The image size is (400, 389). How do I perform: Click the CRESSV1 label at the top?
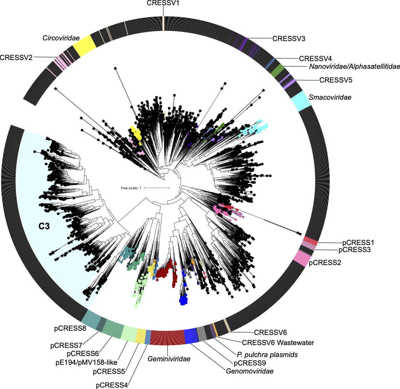pyautogui.click(x=163, y=3)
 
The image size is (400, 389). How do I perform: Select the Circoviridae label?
pyautogui.click(x=61, y=38)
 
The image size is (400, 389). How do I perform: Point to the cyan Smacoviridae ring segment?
pyautogui.click(x=301, y=101)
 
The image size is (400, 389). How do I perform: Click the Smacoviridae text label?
pyautogui.click(x=330, y=97)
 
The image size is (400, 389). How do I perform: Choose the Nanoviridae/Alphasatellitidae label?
pyautogui.click(x=354, y=66)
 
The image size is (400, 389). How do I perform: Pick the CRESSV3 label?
pyautogui.click(x=289, y=39)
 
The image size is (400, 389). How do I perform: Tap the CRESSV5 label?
pyautogui.click(x=335, y=80)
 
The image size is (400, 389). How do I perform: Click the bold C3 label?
pyautogui.click(x=44, y=226)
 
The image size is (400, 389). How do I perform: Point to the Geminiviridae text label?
pyautogui.click(x=169, y=359)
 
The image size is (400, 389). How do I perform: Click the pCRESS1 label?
pyautogui.click(x=358, y=243)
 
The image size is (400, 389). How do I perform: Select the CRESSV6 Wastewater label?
pyautogui.click(x=278, y=342)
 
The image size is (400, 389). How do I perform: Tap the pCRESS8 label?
pyautogui.click(x=70, y=329)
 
